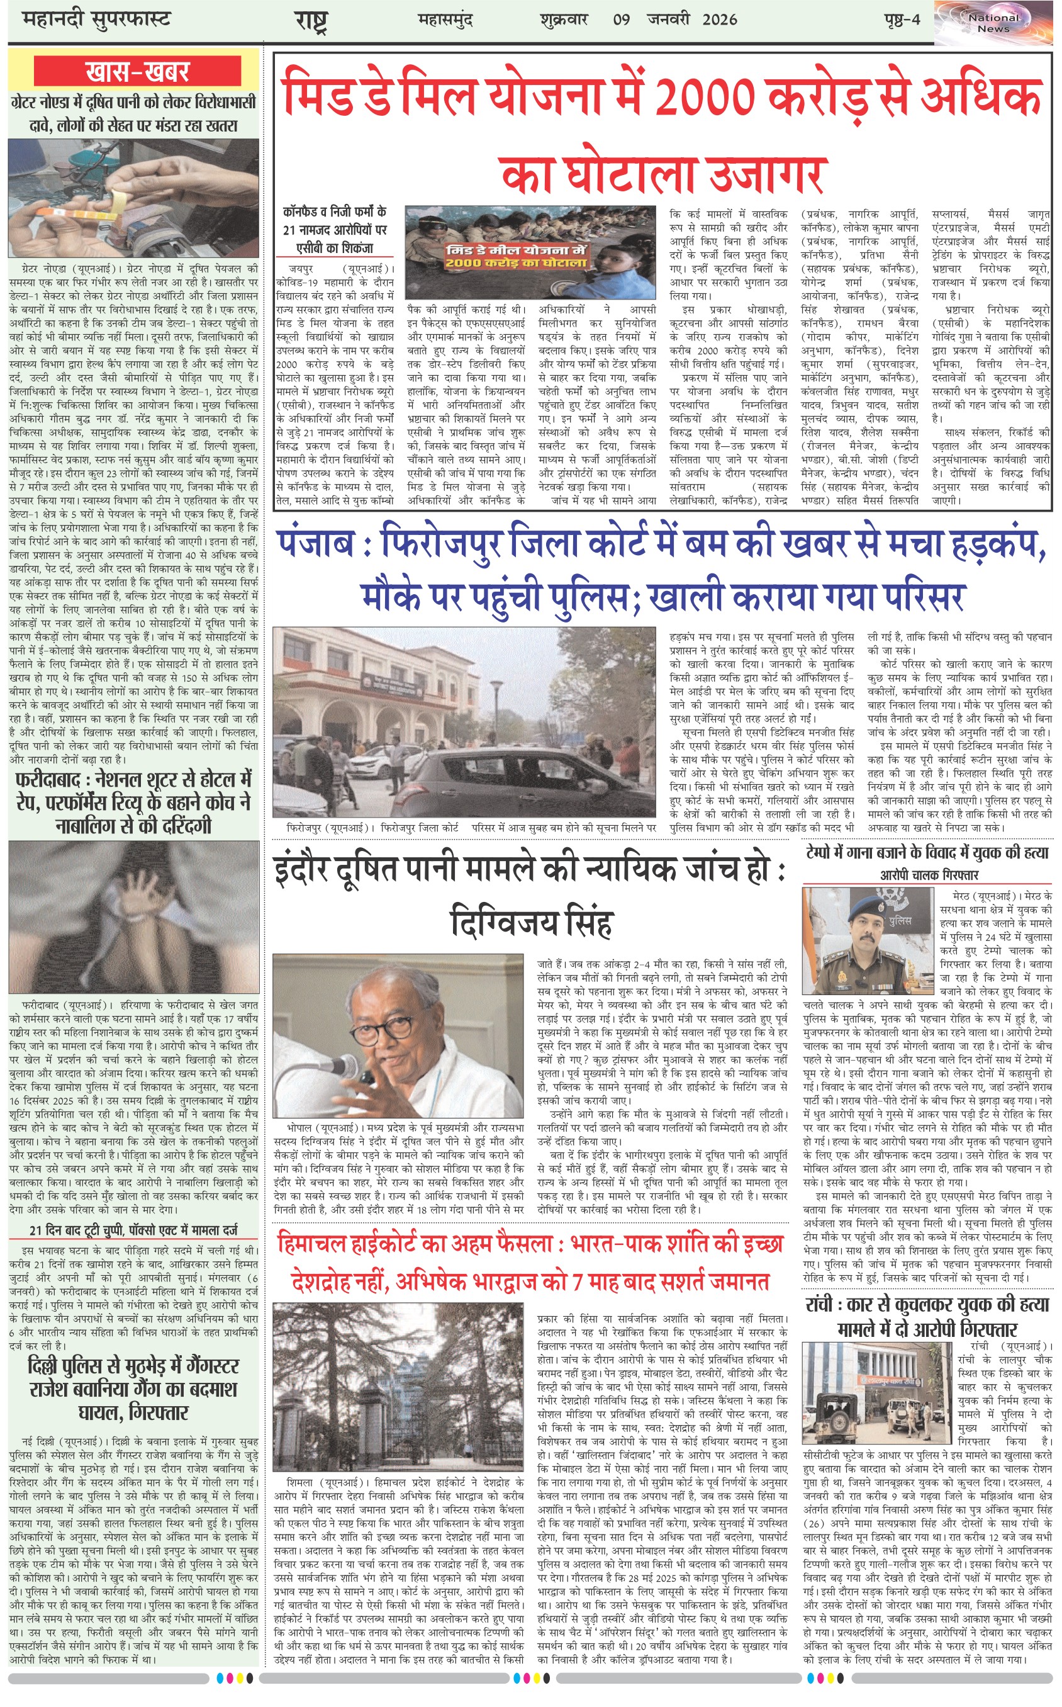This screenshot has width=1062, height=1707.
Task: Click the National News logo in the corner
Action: click(x=994, y=23)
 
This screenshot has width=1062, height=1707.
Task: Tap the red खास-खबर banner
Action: click(x=138, y=71)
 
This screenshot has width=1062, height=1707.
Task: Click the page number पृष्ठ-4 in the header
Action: click(x=902, y=20)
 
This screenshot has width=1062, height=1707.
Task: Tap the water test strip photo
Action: click(x=133, y=198)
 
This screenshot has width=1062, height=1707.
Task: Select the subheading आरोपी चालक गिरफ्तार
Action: click(x=929, y=874)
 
